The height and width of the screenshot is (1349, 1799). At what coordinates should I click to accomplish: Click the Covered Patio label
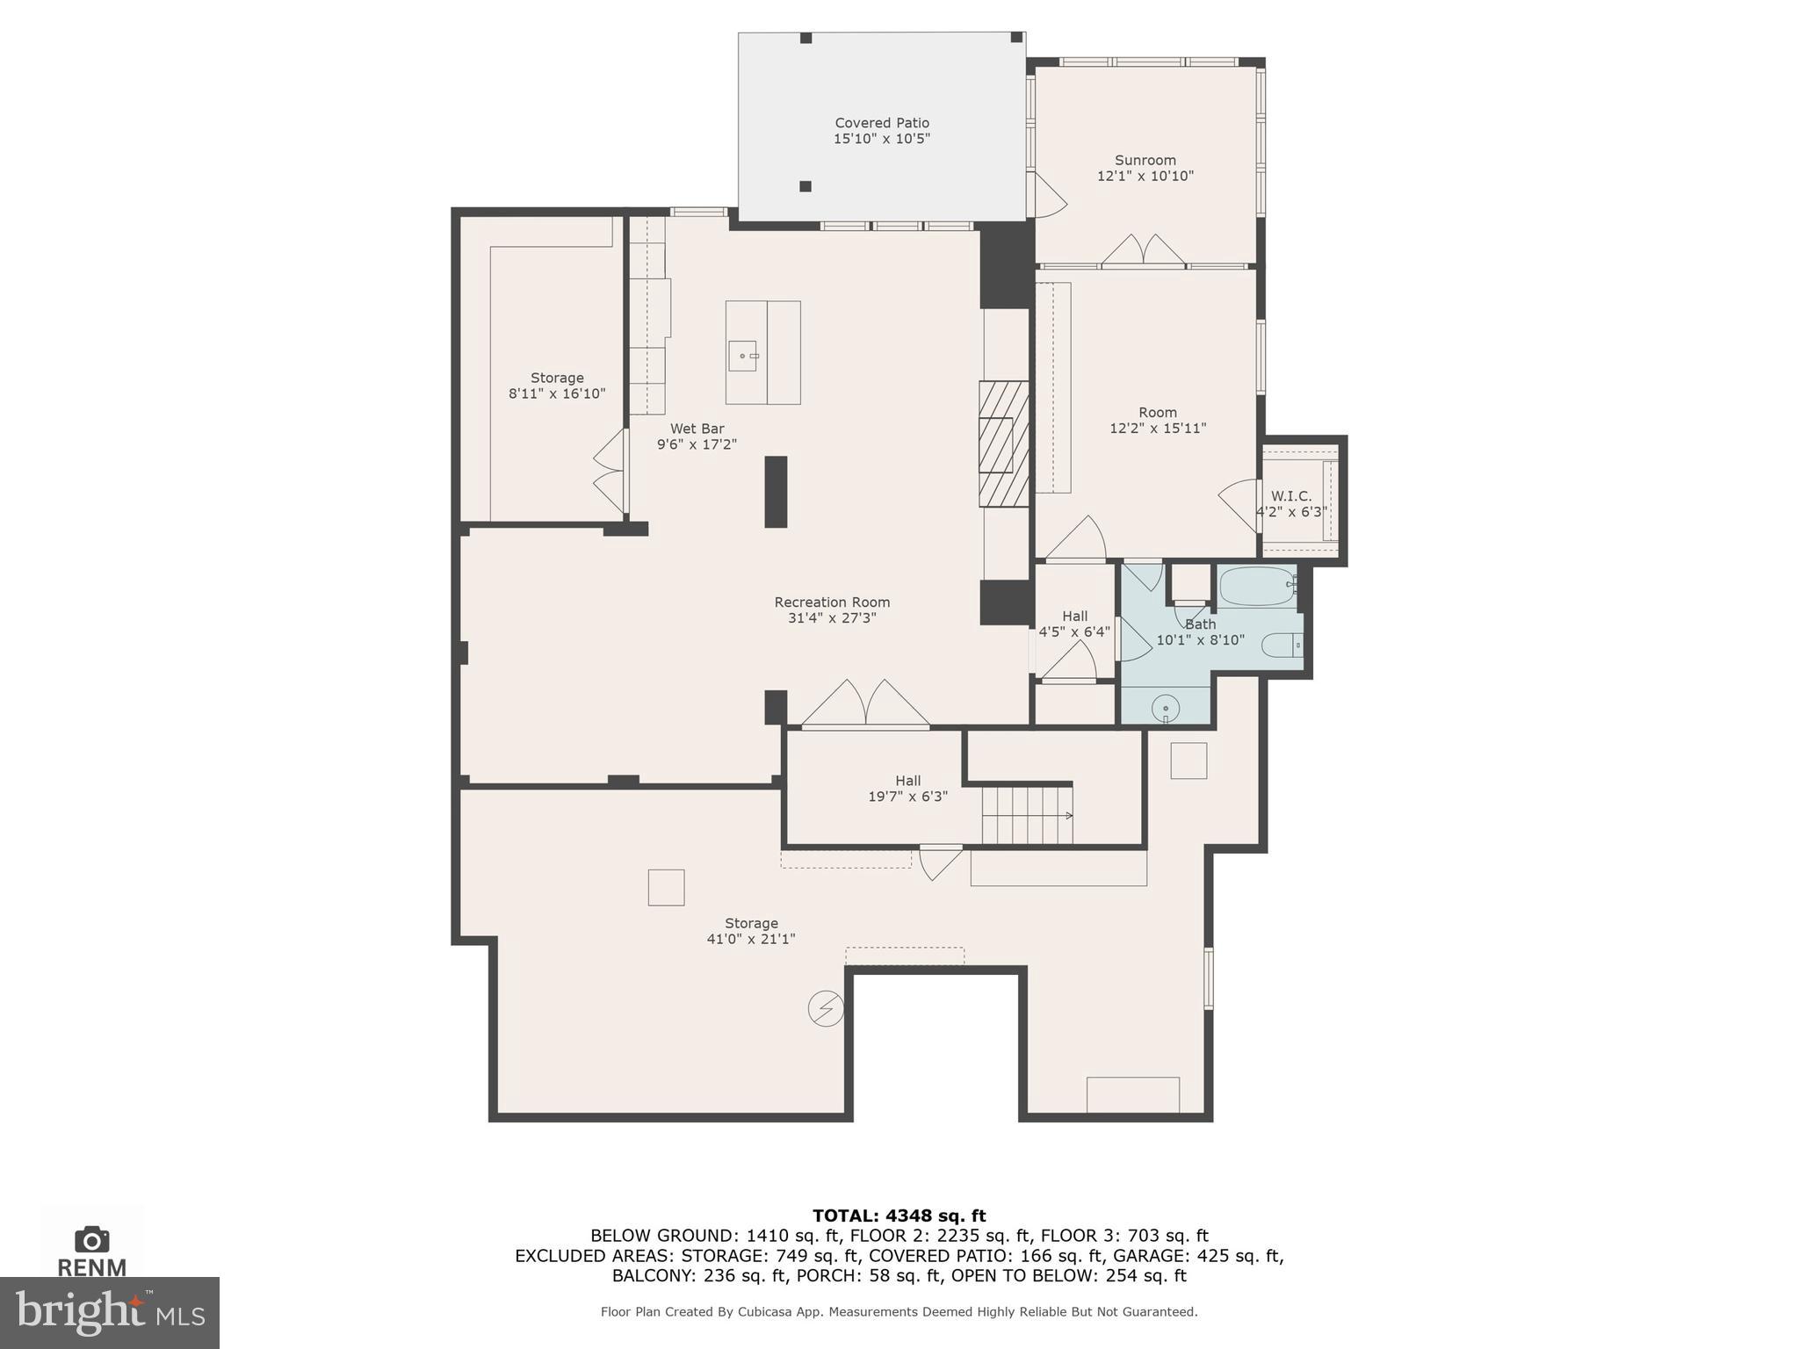[x=881, y=123]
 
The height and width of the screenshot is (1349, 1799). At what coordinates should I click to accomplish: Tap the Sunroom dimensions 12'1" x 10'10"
[x=1145, y=176]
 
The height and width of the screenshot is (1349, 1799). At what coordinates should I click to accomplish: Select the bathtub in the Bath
[x=1256, y=586]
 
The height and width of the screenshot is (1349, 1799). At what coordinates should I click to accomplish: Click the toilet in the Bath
[x=1282, y=646]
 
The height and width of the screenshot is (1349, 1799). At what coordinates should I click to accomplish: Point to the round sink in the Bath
[x=1166, y=706]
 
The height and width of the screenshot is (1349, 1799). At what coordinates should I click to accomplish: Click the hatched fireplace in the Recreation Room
[x=1003, y=444]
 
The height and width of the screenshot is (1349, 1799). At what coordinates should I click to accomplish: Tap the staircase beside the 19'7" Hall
[x=1026, y=816]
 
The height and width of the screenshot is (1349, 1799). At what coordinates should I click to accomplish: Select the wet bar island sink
[x=743, y=356]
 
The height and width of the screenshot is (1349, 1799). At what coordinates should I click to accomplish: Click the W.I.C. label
[x=1290, y=496]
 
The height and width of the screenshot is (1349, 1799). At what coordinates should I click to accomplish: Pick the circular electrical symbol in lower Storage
[x=826, y=1009]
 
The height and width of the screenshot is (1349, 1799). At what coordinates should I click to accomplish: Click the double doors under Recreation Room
[x=866, y=704]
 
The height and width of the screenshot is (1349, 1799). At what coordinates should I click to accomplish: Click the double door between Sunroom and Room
[x=1144, y=251]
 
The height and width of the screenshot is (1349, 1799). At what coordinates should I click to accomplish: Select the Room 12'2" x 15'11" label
[x=1157, y=420]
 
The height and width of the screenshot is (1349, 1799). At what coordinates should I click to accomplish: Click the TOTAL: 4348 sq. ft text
[x=899, y=1216]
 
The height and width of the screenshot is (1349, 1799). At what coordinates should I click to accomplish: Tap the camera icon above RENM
[x=92, y=1239]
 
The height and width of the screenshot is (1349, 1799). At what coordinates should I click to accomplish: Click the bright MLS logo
[x=109, y=1312]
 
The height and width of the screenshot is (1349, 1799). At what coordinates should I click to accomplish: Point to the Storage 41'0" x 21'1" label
[x=751, y=931]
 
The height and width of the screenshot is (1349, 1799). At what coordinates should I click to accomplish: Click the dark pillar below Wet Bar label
[x=776, y=492]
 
